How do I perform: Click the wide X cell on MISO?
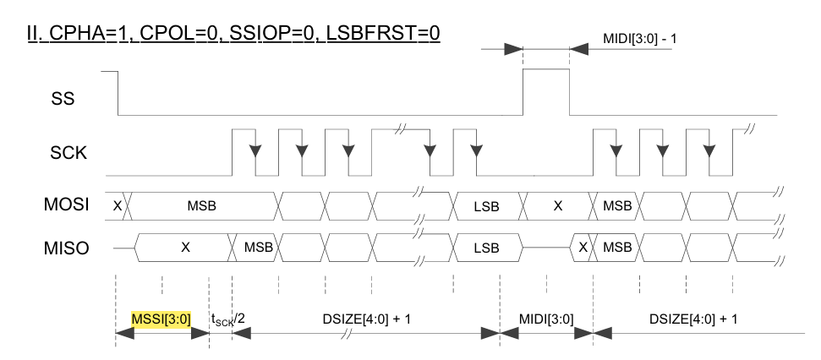tap(182, 249)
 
